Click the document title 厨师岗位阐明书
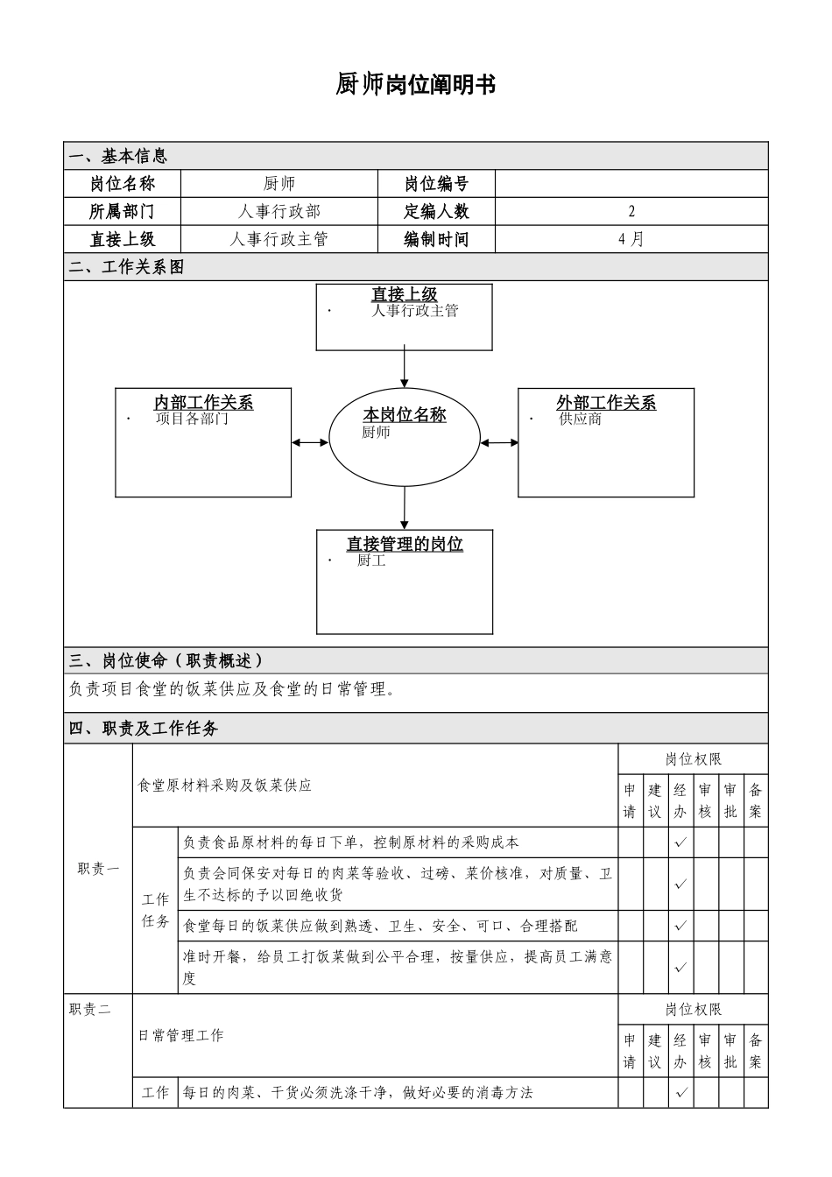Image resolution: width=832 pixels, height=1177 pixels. coord(416,85)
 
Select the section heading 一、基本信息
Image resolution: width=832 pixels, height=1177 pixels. coord(117,156)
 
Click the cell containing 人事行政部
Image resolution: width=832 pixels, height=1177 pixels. coord(279,212)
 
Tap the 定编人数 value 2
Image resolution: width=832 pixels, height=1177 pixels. coord(631,212)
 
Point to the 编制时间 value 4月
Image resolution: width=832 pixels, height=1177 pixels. coord(631,239)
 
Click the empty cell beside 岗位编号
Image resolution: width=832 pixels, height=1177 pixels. coord(631,184)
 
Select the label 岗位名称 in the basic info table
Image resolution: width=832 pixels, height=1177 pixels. coord(123,184)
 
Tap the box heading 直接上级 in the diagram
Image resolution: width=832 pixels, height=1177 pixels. coord(405,295)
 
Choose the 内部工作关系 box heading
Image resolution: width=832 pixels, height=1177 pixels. coord(204,403)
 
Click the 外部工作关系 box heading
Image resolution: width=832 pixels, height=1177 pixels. coord(606,403)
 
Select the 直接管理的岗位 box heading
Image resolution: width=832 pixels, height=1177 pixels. coord(405,544)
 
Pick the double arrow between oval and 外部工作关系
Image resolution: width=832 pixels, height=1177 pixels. coord(499,442)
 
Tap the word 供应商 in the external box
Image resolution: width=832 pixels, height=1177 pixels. coord(581,419)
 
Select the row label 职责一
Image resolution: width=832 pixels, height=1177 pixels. coord(98,869)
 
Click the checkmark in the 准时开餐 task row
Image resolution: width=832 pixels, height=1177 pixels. coord(680,968)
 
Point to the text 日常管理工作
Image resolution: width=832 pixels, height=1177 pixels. coord(181,1036)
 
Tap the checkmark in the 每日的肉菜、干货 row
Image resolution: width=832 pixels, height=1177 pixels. coord(680,1092)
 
